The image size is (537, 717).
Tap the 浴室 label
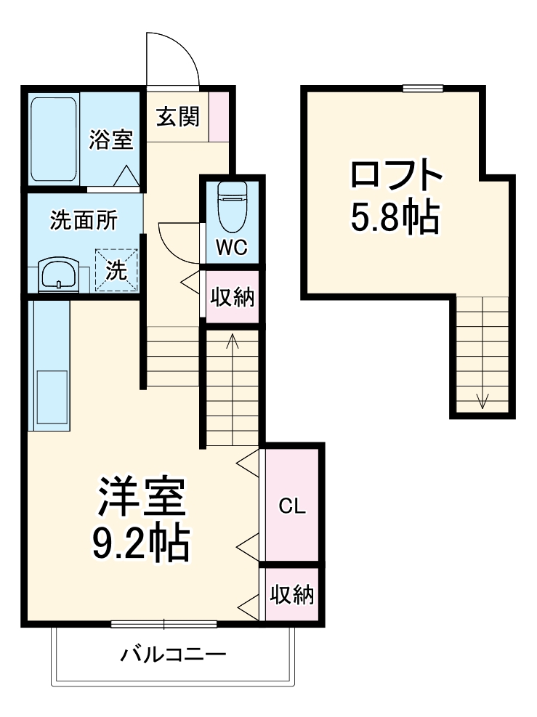click(x=111, y=139)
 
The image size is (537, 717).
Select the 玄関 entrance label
click(x=177, y=116)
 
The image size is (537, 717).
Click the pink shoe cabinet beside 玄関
click(x=219, y=116)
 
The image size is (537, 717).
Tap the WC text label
click(x=233, y=248)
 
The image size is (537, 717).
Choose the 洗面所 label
click(x=84, y=221)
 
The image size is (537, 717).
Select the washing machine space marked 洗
click(x=116, y=270)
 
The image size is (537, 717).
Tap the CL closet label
click(x=292, y=506)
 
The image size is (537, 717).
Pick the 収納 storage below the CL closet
click(x=292, y=595)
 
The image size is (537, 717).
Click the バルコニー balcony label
click(x=173, y=655)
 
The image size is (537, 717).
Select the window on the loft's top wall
click(x=423, y=89)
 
